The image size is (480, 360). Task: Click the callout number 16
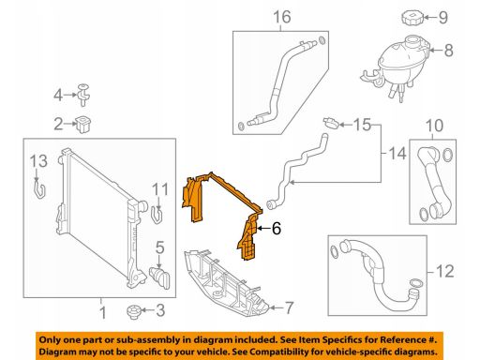282,17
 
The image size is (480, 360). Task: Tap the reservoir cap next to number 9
412,17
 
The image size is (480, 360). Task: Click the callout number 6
277,229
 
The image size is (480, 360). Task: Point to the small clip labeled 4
83,95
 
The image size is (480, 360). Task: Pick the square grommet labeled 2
82,124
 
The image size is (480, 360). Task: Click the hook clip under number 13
39,188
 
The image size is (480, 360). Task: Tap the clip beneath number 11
157,214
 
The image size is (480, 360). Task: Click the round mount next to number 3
134,311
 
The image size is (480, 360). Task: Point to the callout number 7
290,307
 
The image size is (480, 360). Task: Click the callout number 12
444,271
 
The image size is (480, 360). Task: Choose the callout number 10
434,126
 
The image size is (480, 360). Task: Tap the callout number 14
397,154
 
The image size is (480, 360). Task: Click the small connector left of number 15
331,123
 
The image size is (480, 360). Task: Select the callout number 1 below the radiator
102,313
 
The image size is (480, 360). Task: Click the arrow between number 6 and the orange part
263,229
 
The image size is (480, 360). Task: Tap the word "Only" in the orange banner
49,340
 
